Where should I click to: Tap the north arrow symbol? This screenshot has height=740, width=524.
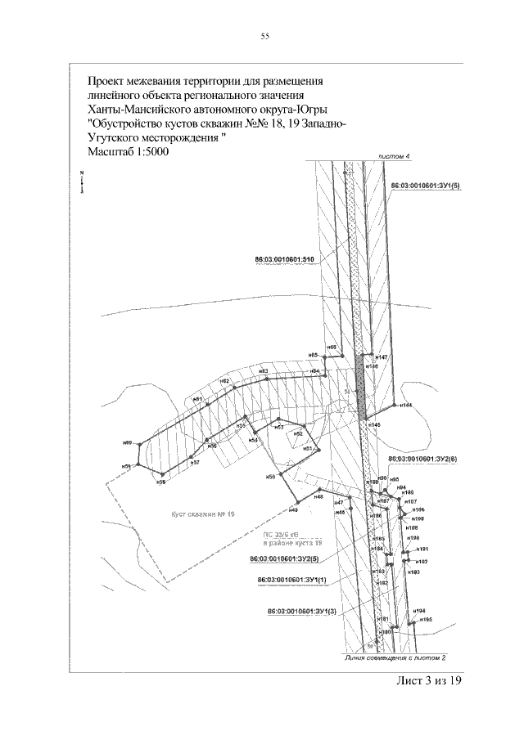coord(83,182)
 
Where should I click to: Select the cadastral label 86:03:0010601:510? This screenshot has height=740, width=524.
coord(286,259)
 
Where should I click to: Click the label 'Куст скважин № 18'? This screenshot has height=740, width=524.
coord(204,514)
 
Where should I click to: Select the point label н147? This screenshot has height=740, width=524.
coord(382,357)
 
